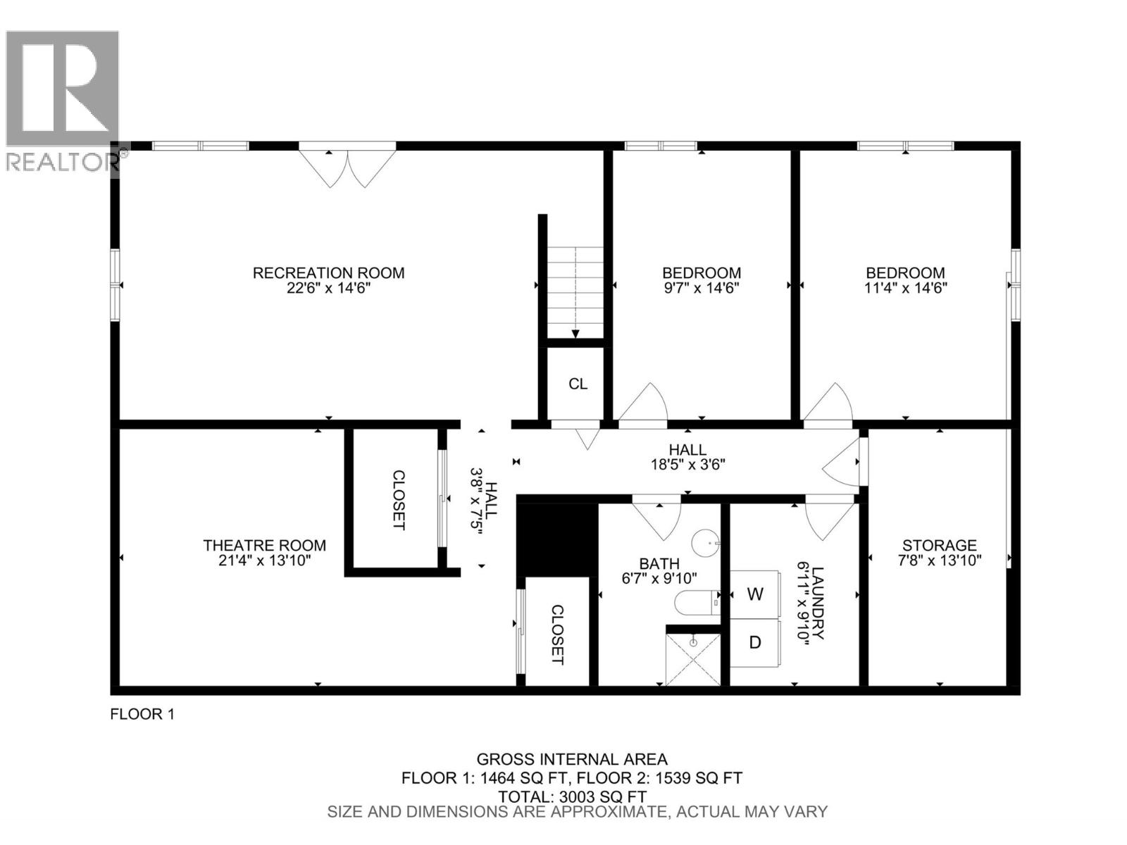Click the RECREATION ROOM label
coord(328,273)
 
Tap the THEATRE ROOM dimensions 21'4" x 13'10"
coord(264,561)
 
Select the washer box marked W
coord(754,594)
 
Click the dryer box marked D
coord(754,642)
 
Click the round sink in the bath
coord(705,544)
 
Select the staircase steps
coord(575,292)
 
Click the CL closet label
coord(578,384)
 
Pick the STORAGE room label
coord(940,545)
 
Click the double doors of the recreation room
coord(347,165)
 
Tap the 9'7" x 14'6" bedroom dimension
coord(701,288)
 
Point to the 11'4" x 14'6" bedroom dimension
coord(905,288)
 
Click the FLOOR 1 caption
coord(142,714)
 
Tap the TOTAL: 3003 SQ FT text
coord(571,796)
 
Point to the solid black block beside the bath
coord(556,534)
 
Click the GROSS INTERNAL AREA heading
coord(571,759)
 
